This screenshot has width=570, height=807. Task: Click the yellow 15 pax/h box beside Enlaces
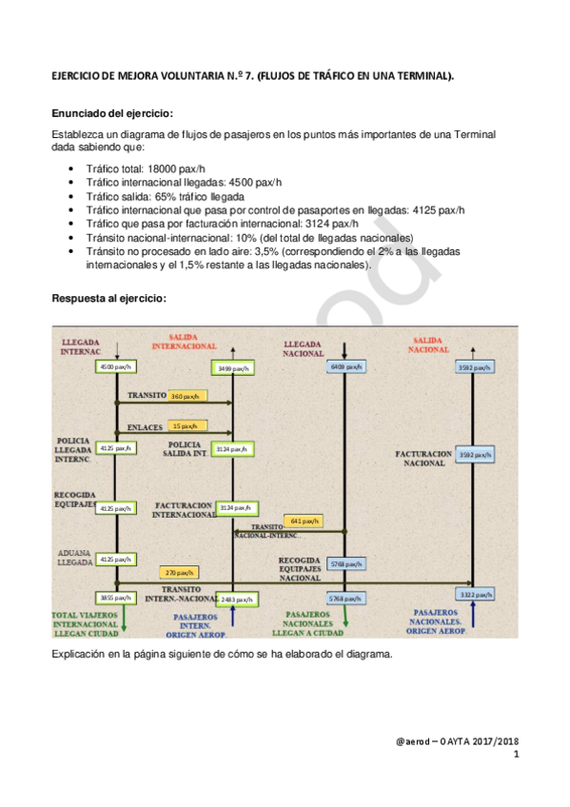187,426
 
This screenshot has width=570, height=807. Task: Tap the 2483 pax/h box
235,600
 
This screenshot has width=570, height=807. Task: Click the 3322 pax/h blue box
474,594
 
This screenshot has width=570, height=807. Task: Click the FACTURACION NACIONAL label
423,459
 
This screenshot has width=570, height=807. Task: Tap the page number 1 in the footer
516,756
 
